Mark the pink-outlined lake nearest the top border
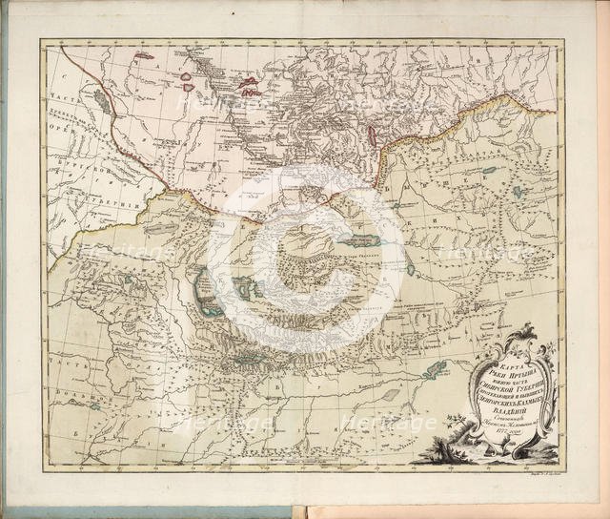point(144,55)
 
